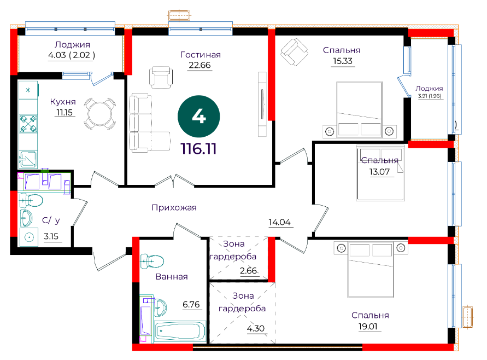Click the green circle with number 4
[199, 117]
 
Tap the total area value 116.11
[198, 149]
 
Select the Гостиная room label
[201, 55]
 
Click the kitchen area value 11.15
[64, 112]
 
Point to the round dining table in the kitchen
[99, 113]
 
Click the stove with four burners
[28, 124]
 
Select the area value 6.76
[191, 304]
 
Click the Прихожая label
[174, 207]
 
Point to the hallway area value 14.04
[279, 222]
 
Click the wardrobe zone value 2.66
[249, 270]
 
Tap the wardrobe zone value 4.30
[256, 328]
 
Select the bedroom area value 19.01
[368, 327]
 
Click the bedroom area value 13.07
[379, 172]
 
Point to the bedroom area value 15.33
[343, 61]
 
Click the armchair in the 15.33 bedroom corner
[294, 51]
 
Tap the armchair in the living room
[161, 77]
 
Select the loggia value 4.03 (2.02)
[72, 55]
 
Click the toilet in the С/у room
[31, 200]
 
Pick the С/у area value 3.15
[51, 236]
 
